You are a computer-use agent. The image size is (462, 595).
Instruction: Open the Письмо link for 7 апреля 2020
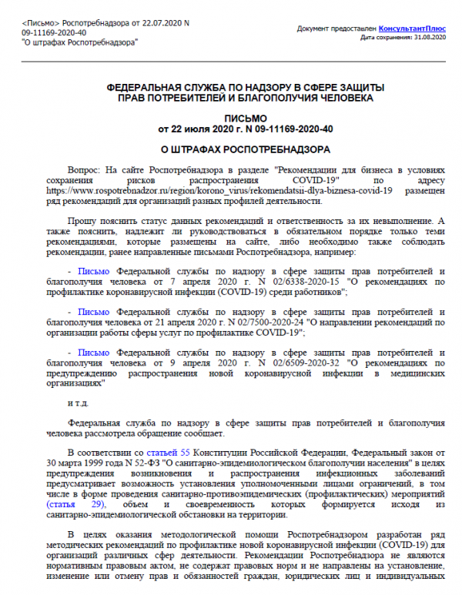tap(94, 272)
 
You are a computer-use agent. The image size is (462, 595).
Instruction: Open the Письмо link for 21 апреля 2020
tap(94, 312)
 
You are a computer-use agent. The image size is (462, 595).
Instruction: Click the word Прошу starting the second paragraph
tap(82, 220)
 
